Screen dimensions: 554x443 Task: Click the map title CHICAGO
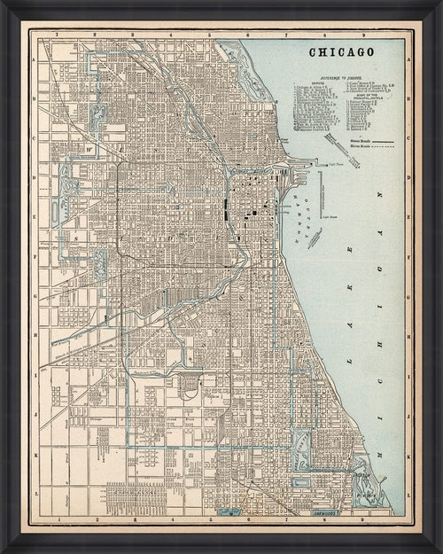341,52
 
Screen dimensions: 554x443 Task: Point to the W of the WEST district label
89,137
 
